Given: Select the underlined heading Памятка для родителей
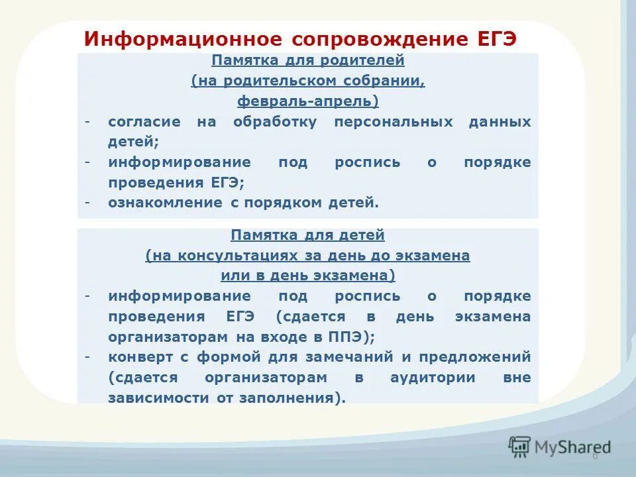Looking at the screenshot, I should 307,60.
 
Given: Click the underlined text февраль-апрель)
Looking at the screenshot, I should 307,101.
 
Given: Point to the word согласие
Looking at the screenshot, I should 144,122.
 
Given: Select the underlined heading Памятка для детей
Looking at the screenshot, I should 307,235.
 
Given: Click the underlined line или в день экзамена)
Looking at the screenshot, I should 307,276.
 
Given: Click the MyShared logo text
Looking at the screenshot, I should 573,447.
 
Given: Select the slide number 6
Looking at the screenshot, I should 594,456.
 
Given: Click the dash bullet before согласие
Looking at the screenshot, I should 87,122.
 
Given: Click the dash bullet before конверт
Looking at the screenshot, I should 87,356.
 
